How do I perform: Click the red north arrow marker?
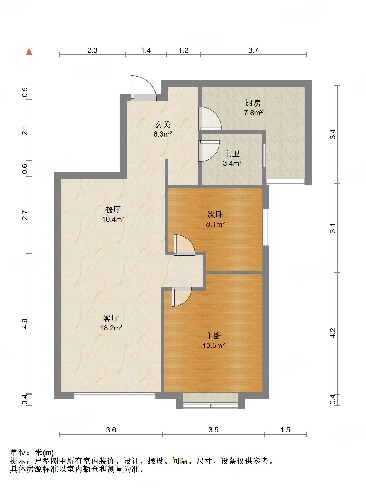(x=29, y=51)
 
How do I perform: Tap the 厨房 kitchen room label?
(x=253, y=103)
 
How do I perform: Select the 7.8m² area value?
(x=253, y=113)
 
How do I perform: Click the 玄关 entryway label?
(x=163, y=124)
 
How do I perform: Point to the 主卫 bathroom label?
(x=232, y=154)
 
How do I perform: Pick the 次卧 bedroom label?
(x=215, y=214)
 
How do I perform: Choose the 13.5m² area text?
(x=213, y=345)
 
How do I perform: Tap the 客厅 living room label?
(x=111, y=318)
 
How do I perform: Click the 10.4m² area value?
(x=113, y=219)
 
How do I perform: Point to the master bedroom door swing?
(x=181, y=297)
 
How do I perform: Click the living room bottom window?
(x=114, y=396)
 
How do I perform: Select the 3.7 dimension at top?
(x=253, y=50)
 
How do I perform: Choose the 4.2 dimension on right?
(x=333, y=333)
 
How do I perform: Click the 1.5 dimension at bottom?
(x=285, y=430)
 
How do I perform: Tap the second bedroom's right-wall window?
(x=266, y=227)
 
